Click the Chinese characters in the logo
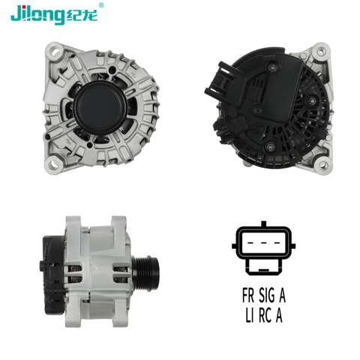82,15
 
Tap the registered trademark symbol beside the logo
101,5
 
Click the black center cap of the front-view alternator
100,109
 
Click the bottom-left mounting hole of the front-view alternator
54,163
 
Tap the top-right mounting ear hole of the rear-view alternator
321,52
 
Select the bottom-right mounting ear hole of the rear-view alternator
322,165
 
